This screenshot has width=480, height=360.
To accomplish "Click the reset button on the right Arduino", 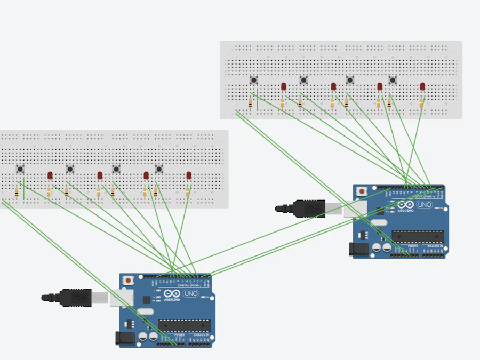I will point(363,190).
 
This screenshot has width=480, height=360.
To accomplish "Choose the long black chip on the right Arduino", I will point(418,236).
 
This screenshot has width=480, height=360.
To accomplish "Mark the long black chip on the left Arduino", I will point(184,325).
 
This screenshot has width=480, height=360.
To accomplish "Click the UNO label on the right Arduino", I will point(425,205).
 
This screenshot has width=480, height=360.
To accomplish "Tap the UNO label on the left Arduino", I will point(190,294).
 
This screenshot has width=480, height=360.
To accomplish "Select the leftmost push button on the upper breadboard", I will point(254,80).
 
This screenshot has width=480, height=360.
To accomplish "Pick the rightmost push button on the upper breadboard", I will point(393,80).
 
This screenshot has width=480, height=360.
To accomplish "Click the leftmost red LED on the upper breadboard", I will point(284,86).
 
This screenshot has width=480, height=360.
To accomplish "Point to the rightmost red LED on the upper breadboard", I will point(422,86).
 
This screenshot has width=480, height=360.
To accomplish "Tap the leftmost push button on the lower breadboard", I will point(20,169).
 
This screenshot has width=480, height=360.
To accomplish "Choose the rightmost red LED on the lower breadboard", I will point(189,175).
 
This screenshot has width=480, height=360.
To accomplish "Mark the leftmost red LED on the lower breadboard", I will point(50,175).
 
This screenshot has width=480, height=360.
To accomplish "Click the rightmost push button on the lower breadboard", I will point(159,169).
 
